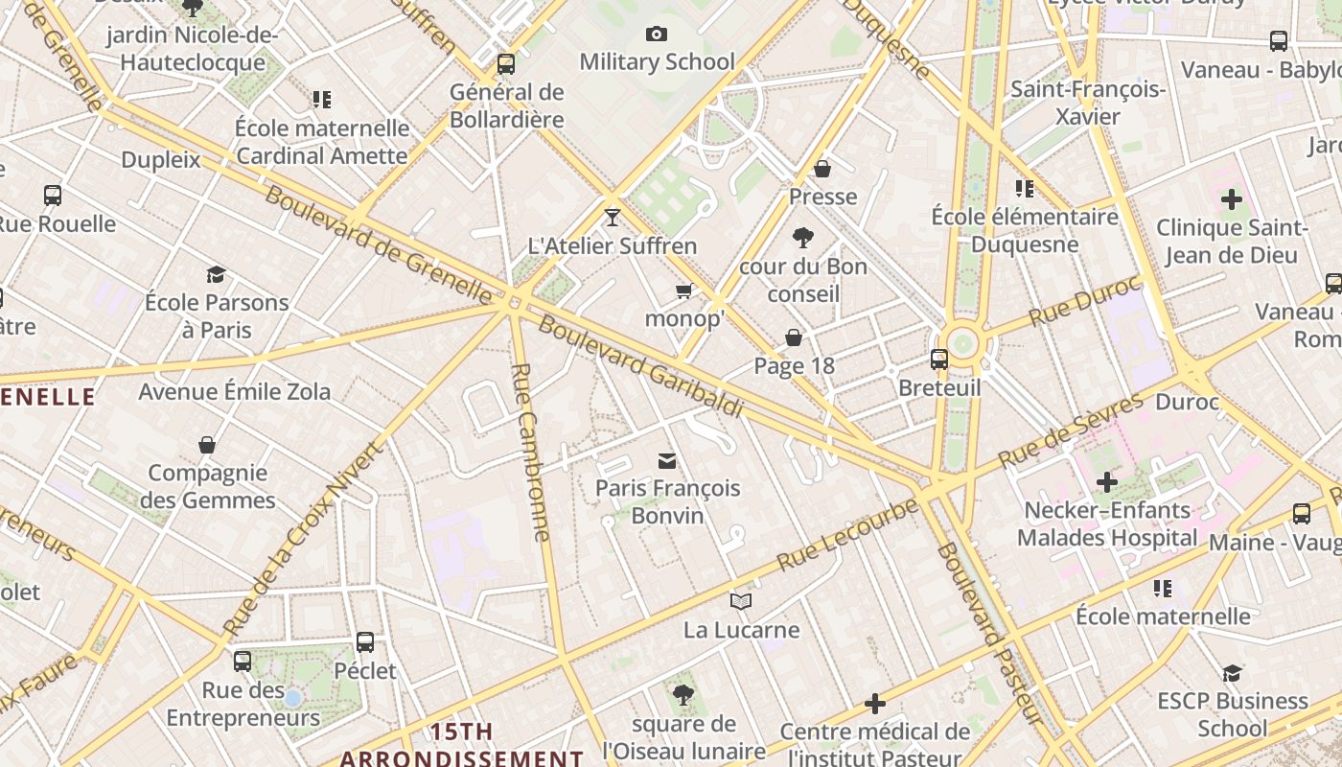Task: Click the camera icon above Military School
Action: point(657,35)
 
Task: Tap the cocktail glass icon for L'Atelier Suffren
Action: point(613,218)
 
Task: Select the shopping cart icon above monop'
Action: point(684,291)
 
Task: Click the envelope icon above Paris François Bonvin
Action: point(667,461)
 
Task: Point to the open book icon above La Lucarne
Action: point(741,601)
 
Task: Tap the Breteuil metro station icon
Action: point(939,360)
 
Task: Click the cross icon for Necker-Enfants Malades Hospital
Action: point(1107,482)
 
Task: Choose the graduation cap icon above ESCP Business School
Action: point(1232,674)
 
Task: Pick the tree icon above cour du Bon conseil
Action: point(803,238)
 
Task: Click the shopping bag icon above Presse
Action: point(822,170)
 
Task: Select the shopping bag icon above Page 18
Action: point(794,337)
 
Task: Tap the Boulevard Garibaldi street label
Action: point(640,365)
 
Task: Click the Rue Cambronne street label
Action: point(532,452)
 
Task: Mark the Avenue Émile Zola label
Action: point(235,391)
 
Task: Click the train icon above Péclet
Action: point(365,642)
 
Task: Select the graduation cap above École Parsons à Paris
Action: point(216,275)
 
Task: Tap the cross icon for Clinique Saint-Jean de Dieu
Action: point(1232,200)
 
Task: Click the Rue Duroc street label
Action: point(1085,300)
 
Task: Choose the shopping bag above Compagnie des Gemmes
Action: point(207,445)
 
